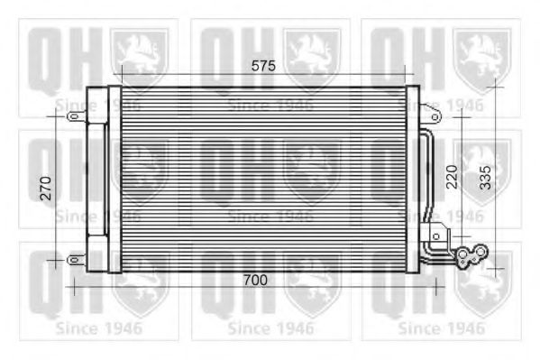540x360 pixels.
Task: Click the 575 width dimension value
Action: [262, 66]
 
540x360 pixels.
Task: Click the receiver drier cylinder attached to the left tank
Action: [95, 180]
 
